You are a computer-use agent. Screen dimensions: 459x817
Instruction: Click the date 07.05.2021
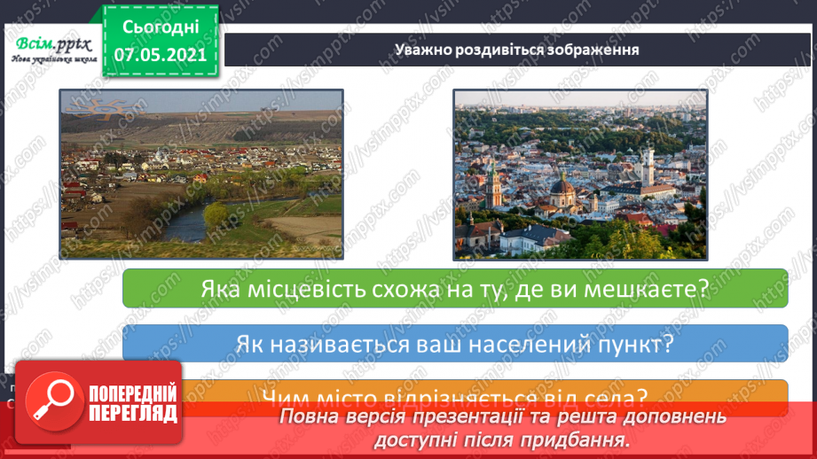(160, 53)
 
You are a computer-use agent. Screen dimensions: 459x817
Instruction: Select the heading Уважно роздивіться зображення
(518, 49)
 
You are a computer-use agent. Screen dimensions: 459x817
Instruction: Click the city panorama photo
(581, 174)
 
